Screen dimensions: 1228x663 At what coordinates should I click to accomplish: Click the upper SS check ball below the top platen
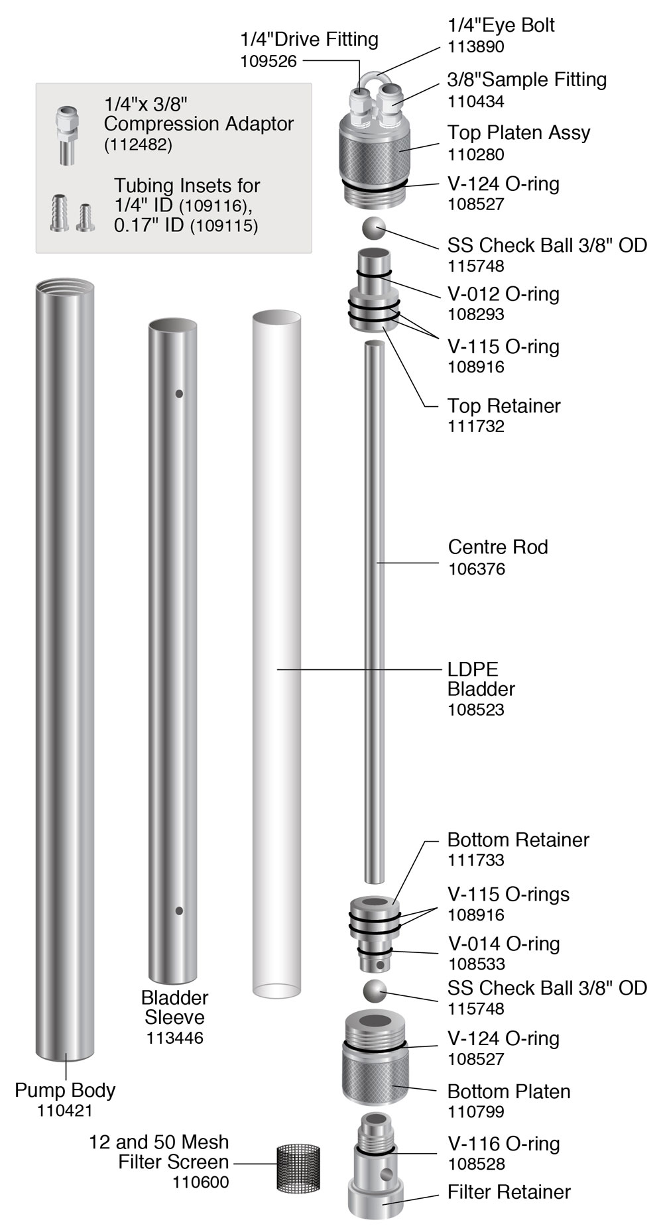tap(374, 229)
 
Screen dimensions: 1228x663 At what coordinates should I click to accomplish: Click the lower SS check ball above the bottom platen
tap(375, 991)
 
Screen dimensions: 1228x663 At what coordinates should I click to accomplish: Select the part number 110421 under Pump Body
tap(65, 1110)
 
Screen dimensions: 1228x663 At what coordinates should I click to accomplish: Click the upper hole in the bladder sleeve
tap(179, 394)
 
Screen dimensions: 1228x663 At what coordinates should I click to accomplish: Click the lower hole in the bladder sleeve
tap(179, 911)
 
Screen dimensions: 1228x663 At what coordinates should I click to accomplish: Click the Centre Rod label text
tap(498, 547)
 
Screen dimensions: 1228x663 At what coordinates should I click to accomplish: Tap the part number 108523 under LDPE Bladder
tap(476, 709)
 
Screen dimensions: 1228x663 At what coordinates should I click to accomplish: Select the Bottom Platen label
tap(509, 1091)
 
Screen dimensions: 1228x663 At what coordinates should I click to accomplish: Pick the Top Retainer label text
tap(504, 406)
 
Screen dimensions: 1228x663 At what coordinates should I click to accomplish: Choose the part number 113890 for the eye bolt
tap(476, 46)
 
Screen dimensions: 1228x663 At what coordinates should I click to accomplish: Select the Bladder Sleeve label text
tap(175, 1007)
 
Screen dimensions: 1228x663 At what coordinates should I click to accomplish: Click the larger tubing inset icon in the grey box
tap(60, 212)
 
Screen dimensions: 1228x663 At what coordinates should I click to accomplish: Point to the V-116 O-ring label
tap(504, 1143)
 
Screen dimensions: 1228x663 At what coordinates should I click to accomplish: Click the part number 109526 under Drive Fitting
tap(269, 61)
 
